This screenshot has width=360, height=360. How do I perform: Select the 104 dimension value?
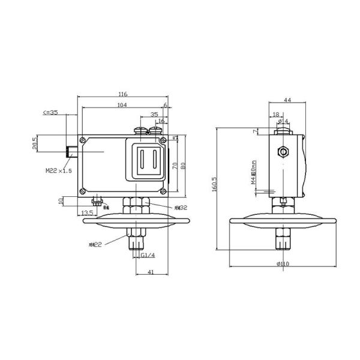(x=122, y=105)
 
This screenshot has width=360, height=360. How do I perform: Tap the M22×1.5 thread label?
(x=59, y=171)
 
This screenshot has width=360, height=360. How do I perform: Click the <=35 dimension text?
(x=50, y=112)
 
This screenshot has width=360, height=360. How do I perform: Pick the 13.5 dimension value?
(x=86, y=213)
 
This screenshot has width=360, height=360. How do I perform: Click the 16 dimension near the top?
(x=161, y=121)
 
